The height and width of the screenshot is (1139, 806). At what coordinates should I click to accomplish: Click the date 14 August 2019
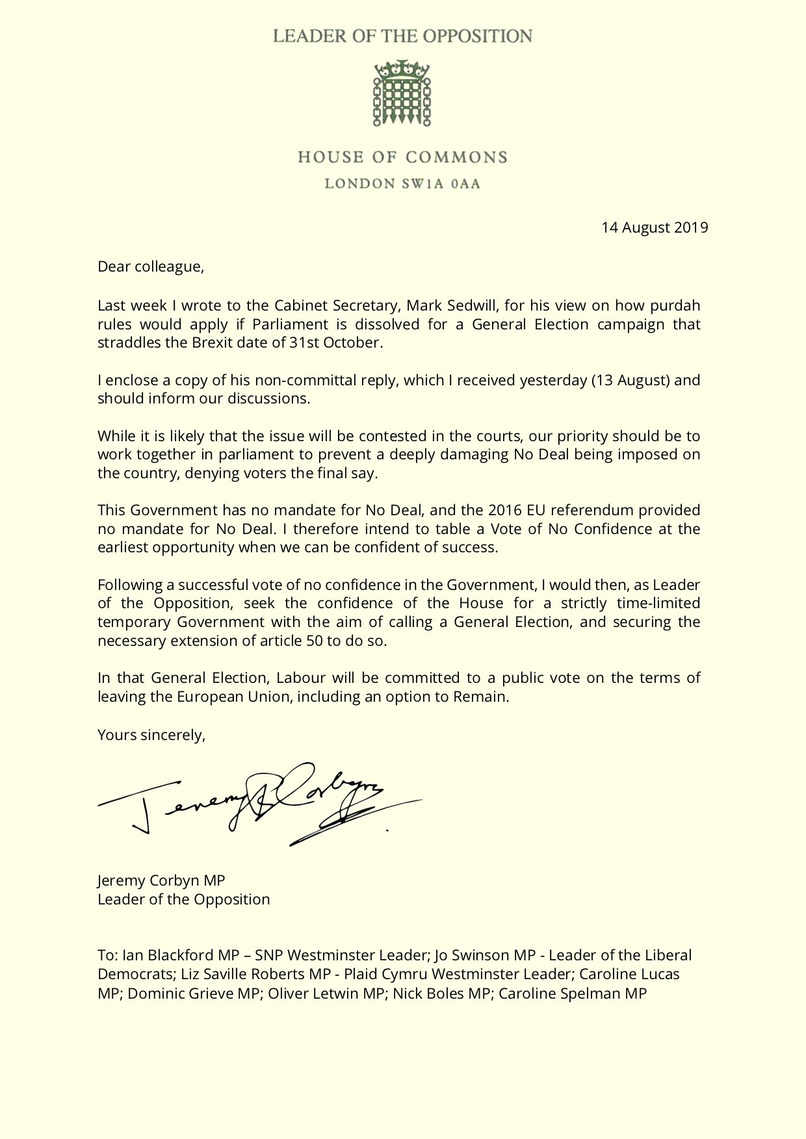pyautogui.click(x=655, y=227)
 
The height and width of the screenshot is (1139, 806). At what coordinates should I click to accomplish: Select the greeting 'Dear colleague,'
pyautogui.click(x=151, y=266)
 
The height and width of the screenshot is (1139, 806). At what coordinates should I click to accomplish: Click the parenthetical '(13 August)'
pyautogui.click(x=630, y=380)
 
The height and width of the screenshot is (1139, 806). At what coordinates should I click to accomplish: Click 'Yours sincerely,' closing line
pyautogui.click(x=151, y=735)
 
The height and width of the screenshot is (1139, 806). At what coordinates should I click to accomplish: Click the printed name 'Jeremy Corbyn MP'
pyautogui.click(x=161, y=880)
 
